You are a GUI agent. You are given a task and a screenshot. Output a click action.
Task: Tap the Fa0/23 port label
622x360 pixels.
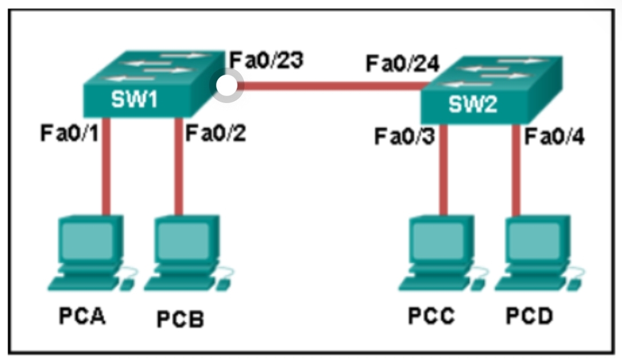[x=266, y=61]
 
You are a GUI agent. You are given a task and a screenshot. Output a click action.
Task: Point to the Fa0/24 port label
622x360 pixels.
[x=403, y=64]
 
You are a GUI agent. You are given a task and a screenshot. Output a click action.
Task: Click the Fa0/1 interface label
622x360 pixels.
[x=69, y=134]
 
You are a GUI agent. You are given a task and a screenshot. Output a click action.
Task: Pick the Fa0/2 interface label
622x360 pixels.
[x=215, y=134]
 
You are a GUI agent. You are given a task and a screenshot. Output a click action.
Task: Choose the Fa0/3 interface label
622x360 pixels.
[x=403, y=137]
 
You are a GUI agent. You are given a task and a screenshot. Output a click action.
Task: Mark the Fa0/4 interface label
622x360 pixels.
[x=555, y=137]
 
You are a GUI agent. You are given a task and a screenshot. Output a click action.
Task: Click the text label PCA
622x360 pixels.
[x=82, y=317]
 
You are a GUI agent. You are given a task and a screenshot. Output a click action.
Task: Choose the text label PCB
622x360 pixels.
[x=180, y=319]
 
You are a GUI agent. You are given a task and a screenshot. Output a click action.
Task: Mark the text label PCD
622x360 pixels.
[x=529, y=317]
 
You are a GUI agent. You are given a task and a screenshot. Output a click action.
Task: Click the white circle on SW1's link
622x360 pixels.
[x=227, y=86]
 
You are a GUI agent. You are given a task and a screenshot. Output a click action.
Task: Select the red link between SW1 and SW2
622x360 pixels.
[x=332, y=87]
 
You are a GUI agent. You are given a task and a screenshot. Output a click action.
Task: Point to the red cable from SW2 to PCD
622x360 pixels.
[x=517, y=172]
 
